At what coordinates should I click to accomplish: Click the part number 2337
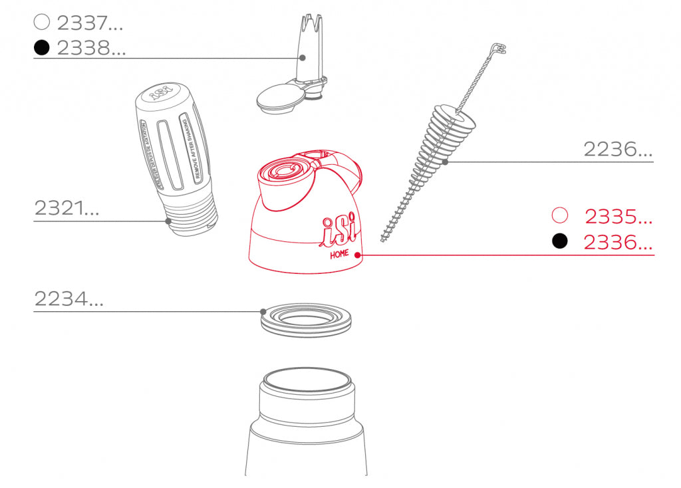coord(90,23)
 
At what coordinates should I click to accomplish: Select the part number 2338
coord(91,48)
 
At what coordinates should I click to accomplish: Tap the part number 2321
coord(67,208)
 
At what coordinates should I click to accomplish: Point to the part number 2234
coord(69,300)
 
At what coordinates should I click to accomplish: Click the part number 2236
coord(618,149)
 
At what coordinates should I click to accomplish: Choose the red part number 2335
coord(618,217)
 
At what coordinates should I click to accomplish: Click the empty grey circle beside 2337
coord(42,22)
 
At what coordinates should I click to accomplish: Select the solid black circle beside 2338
coord(42,48)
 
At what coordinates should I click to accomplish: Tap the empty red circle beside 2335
coord(560,215)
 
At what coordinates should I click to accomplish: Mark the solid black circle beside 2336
coord(560,241)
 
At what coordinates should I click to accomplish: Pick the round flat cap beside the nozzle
coord(279,98)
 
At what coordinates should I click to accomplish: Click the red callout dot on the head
coord(358,255)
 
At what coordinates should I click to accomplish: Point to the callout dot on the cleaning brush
coord(445,162)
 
